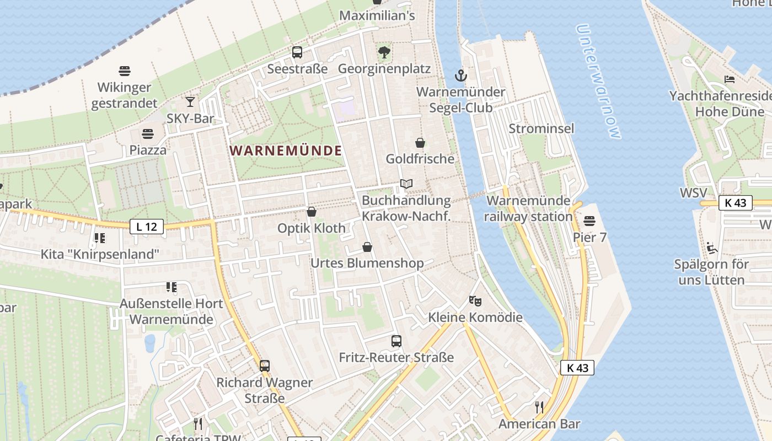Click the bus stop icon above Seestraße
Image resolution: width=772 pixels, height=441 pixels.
(x=297, y=52)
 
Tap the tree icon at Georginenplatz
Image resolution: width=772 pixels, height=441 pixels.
(x=384, y=52)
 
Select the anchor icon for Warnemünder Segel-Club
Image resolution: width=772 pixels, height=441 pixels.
(x=460, y=75)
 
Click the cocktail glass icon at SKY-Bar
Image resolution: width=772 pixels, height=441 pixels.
(x=190, y=102)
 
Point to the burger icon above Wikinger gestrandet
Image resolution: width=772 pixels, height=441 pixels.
(x=125, y=71)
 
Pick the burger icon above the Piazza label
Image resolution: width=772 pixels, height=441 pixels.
(x=147, y=134)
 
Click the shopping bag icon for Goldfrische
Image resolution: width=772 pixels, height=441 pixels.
(x=420, y=143)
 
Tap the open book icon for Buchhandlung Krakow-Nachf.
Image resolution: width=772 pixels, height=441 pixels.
(x=406, y=184)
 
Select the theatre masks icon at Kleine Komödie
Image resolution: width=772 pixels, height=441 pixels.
(x=475, y=301)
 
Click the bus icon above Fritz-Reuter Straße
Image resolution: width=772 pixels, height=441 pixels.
(x=396, y=341)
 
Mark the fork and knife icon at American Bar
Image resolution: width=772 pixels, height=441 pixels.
(x=539, y=407)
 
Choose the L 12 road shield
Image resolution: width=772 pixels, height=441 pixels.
(x=147, y=226)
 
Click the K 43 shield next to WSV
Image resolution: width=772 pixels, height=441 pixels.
(x=736, y=202)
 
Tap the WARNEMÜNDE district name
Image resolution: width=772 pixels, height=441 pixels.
(x=286, y=150)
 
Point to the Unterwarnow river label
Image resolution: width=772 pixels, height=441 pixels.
(x=598, y=81)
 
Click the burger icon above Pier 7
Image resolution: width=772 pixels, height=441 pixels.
(x=589, y=222)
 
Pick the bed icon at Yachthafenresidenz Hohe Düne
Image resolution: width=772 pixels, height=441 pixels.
(x=729, y=79)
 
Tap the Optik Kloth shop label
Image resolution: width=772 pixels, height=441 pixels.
(x=312, y=228)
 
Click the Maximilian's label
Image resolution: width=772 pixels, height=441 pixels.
(x=377, y=15)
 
